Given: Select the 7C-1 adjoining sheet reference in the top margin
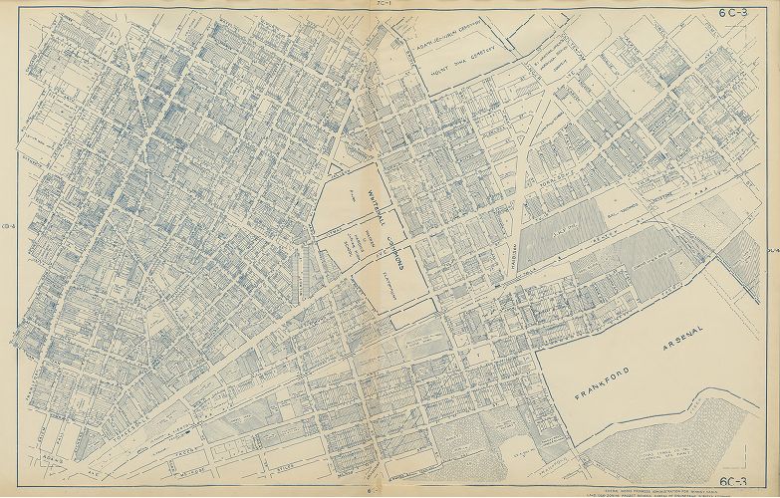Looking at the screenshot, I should pos(383,5).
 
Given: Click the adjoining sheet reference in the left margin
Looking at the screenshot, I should pos(6,237).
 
